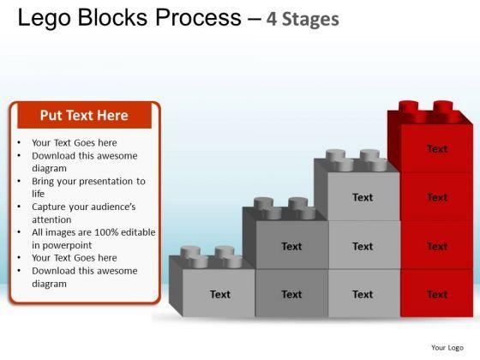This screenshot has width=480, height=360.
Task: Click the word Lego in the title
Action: click(45, 18)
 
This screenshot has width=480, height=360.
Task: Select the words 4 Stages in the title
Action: click(303, 19)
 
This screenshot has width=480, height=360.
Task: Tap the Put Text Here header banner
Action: click(85, 116)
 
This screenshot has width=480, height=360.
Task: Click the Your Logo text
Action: click(447, 347)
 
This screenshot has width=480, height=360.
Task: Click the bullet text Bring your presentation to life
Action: click(88, 188)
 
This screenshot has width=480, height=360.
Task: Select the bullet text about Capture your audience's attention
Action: click(84, 213)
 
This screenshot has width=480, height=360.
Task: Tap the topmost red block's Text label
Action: click(437, 149)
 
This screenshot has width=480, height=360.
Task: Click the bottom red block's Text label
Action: click(437, 295)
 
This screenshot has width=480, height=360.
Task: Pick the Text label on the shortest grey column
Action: click(220, 295)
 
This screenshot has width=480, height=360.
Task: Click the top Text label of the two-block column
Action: click(291, 247)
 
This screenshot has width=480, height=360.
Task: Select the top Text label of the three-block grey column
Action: click(363, 197)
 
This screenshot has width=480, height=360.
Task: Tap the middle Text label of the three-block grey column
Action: click(363, 247)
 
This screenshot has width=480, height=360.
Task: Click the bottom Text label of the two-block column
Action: click(291, 295)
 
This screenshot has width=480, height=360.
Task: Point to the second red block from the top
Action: click(437, 197)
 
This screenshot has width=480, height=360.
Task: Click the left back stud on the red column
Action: click(408, 106)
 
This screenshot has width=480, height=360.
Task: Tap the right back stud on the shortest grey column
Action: click(225, 252)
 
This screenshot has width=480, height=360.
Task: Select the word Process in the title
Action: click(198, 18)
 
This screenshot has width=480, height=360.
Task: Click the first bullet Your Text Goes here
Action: click(75, 143)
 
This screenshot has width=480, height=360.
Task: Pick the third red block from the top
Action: click(437, 245)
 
